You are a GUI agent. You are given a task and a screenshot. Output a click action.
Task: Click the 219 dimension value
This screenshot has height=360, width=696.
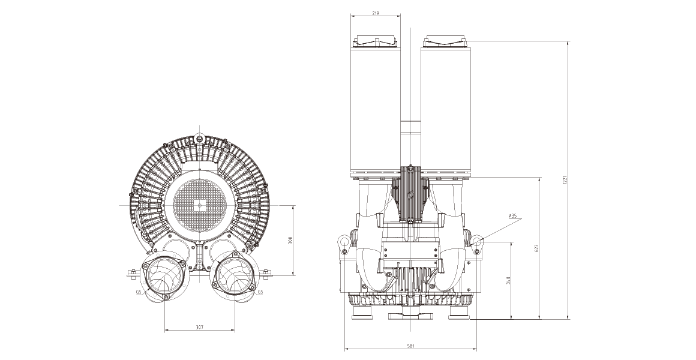tap(376, 13)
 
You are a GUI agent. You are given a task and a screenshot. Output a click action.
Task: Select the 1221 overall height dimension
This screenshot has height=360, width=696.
tap(565, 180)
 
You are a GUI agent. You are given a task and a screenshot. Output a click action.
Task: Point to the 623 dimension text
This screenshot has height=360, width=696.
tap(536, 248)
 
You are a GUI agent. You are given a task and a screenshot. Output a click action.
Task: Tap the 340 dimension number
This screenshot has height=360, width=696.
tap(508, 281)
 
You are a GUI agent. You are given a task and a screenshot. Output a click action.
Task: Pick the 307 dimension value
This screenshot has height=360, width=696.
tap(199, 327)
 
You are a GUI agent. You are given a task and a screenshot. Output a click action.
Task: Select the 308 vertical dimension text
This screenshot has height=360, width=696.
tap(290, 241)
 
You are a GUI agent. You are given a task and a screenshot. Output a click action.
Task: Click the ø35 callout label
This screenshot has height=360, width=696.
tap(512, 216)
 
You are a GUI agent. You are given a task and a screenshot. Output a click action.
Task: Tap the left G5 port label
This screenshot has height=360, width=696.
tap(139, 292)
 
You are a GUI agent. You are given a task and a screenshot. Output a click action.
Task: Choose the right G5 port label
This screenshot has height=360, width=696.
tap(260, 292)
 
